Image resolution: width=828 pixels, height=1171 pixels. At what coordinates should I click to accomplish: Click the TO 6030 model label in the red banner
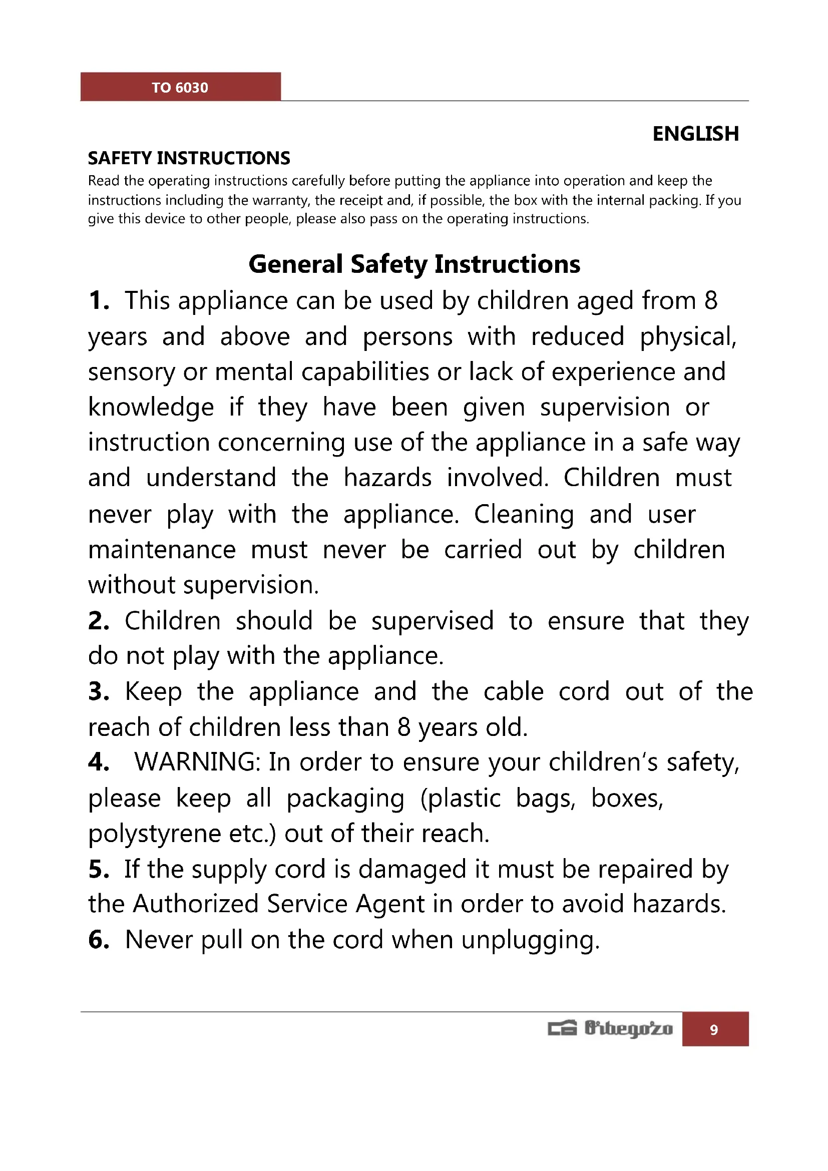180,88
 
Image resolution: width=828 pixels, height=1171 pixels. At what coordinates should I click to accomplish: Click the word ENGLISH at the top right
695,134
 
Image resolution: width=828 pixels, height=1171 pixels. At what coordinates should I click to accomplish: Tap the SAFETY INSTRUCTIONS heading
189,159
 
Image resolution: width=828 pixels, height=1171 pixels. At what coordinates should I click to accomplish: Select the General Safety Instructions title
414,264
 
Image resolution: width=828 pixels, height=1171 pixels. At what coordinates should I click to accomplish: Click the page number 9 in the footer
714,1030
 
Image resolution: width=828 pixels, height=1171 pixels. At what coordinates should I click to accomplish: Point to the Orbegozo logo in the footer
610,1029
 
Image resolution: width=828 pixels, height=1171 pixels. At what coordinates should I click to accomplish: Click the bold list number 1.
98,301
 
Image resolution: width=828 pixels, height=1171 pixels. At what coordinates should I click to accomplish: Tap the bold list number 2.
98,621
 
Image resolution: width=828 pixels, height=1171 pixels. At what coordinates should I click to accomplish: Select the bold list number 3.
98,692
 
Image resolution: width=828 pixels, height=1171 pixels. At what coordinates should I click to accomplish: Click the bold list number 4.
98,762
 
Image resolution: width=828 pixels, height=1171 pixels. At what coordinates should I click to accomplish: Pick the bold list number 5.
98,870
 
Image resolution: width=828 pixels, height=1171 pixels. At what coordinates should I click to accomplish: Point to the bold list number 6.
98,940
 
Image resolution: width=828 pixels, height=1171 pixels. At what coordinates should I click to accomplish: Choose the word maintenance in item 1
162,550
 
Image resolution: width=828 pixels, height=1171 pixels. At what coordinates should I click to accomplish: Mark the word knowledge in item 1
151,408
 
